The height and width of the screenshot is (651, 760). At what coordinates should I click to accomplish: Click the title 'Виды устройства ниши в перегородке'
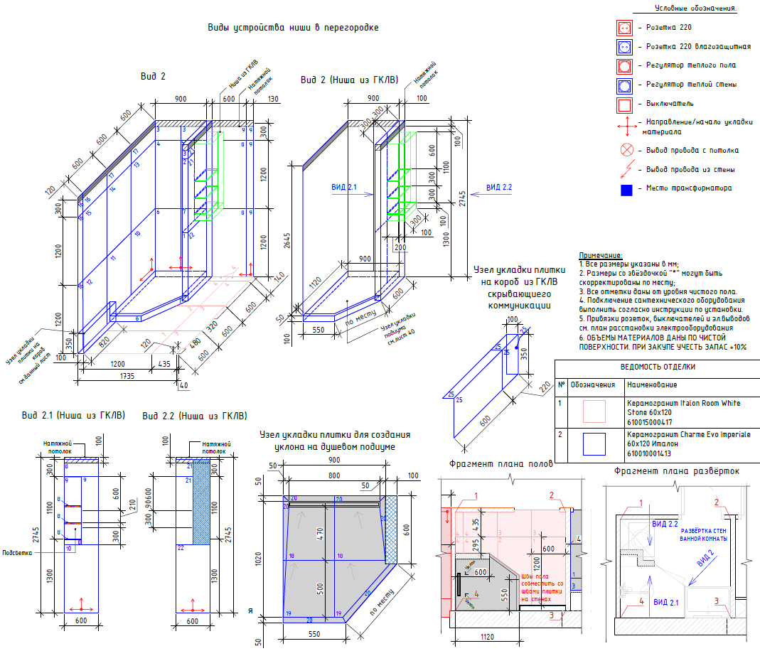pyautogui.click(x=293, y=28)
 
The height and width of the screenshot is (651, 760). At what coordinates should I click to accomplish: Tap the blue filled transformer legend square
pyautogui.click(x=626, y=189)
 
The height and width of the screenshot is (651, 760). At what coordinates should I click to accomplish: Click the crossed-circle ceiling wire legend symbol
pyautogui.click(x=626, y=151)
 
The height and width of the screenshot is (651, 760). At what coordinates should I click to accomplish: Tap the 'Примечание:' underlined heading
pyautogui.click(x=601, y=255)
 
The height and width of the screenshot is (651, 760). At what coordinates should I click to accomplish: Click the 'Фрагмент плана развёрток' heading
pyautogui.click(x=677, y=470)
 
